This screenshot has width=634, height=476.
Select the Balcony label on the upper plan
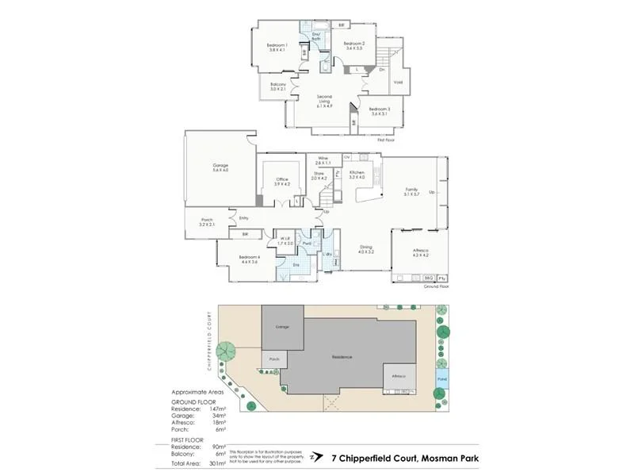point(278,85)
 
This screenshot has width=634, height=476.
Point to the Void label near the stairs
point(398,82)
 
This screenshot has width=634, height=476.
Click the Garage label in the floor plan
point(220,166)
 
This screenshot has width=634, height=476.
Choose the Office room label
point(281,180)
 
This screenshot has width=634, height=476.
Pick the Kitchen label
point(357,172)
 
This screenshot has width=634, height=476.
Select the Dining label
point(365,248)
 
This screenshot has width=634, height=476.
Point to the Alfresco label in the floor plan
point(421,253)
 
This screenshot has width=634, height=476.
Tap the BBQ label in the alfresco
point(428,278)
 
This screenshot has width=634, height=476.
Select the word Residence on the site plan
point(342,357)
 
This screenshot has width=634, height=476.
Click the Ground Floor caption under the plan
point(436,286)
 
